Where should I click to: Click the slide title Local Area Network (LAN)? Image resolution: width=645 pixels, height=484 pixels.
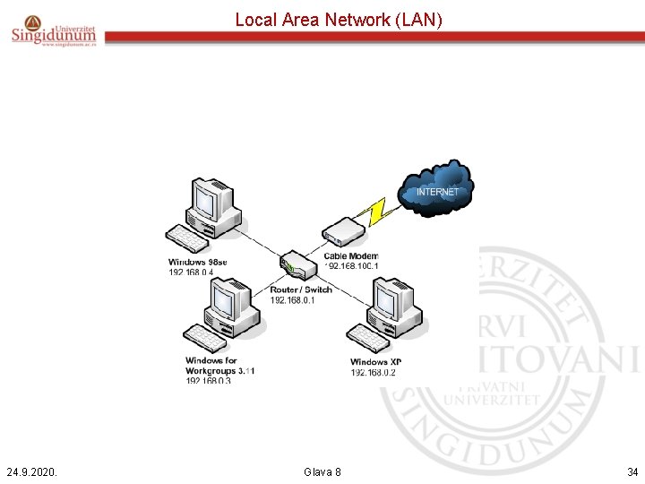click(x=339, y=19)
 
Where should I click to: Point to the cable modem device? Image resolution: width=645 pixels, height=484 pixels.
click(x=340, y=232)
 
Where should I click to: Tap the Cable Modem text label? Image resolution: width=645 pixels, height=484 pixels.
click(x=350, y=256)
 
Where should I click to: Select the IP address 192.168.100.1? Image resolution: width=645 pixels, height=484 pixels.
click(x=352, y=266)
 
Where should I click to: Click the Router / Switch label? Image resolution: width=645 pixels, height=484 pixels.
click(x=301, y=290)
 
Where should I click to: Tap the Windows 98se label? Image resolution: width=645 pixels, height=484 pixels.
click(x=198, y=262)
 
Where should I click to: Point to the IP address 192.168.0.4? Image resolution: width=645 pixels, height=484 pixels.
click(x=191, y=272)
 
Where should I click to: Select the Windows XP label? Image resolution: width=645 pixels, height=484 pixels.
click(x=375, y=362)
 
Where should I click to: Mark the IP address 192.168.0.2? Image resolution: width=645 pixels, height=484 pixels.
click(x=374, y=373)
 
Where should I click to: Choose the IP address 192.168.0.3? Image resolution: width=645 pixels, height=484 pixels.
click(x=208, y=381)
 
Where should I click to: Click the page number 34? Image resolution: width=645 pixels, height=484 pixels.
click(x=632, y=471)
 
